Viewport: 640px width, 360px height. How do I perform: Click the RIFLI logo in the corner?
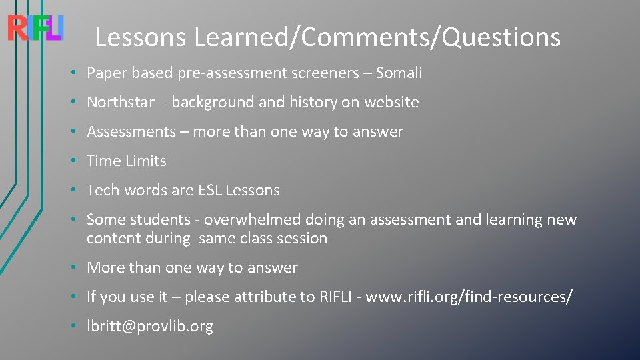[x=35, y=28]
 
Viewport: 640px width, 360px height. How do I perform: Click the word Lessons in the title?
[x=140, y=37]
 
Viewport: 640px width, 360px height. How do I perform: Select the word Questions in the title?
[x=501, y=37]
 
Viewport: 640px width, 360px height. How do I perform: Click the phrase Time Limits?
[x=127, y=161]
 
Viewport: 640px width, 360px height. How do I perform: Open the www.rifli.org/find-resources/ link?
[x=469, y=297]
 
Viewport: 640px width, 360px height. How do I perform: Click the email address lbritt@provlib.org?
[x=150, y=327]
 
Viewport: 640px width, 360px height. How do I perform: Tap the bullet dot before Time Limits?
[x=78, y=161]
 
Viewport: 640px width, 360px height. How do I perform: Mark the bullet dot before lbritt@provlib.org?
[x=78, y=327]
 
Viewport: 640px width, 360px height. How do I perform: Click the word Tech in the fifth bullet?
[x=103, y=191]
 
